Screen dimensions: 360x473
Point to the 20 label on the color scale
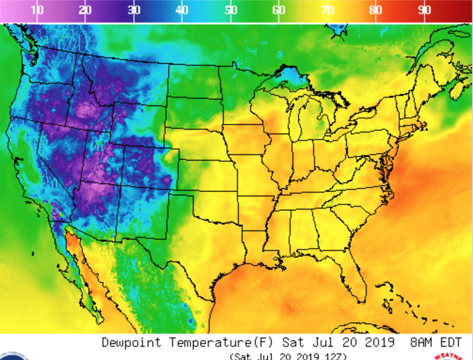point(85,10)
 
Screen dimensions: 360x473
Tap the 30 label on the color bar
point(134,10)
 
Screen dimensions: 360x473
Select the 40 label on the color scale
point(182,10)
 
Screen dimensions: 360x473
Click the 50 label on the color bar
point(230,10)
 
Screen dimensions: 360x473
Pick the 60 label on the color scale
point(279,10)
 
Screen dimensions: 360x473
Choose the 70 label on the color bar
point(328,10)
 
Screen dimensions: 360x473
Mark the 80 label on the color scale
point(376,10)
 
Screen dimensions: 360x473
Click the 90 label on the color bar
point(425,10)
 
